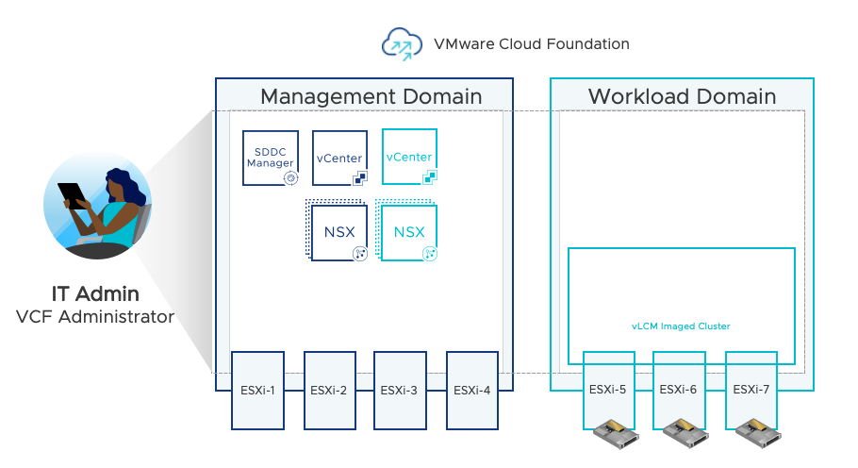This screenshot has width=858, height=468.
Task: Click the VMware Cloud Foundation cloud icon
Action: pos(400,43)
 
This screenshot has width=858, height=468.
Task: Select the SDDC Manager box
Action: pos(271,158)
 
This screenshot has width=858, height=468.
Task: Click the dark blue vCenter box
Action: pos(340,158)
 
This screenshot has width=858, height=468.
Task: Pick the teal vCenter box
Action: pos(410,157)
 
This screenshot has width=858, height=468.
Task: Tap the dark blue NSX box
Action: pos(339,232)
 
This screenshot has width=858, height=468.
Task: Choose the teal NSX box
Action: pos(409,232)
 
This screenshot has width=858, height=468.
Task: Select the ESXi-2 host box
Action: pos(329,390)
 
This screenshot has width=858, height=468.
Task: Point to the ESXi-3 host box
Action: pos(400,390)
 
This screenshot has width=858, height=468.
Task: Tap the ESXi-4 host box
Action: pos(470,390)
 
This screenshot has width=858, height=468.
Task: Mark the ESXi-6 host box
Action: pos(680,388)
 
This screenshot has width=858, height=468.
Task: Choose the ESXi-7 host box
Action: pos(751,388)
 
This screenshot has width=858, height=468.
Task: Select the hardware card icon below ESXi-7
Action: pos(759,435)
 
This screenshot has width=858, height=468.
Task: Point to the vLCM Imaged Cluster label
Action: pos(681,326)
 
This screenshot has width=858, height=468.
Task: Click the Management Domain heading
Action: pos(371,96)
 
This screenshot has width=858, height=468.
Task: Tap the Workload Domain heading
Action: pos(682,96)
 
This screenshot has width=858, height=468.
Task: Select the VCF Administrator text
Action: pos(95,317)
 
